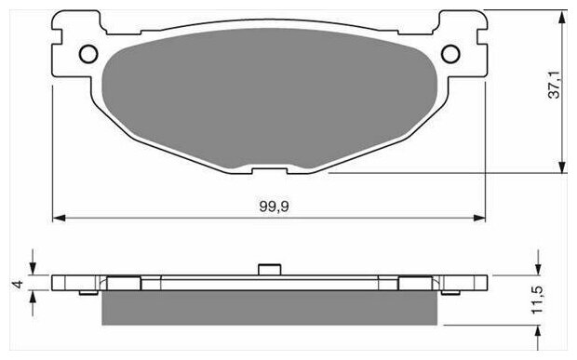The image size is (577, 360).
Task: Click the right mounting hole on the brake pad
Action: tap(449, 53)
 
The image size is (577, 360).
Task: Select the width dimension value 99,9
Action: tap(269, 207)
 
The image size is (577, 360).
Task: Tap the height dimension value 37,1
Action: tap(554, 90)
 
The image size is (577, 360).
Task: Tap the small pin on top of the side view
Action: tap(269, 270)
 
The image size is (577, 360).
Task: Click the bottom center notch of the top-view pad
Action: tap(269, 170)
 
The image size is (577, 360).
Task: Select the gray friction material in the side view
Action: tap(269, 306)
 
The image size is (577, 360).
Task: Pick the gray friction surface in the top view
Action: tap(269, 102)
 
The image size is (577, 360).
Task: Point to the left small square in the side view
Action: tap(124, 283)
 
